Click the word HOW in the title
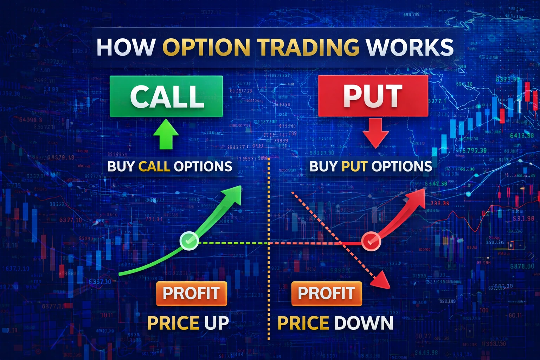126,47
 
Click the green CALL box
166,96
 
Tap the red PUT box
373,96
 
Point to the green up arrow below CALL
166,134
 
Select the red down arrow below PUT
375,133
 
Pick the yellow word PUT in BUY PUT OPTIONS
354,166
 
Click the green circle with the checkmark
189,241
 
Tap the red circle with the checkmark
371,242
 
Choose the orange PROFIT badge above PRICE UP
191,293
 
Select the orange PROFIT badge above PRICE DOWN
326,293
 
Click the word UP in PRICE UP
217,323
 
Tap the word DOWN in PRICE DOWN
364,323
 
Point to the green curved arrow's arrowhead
234,193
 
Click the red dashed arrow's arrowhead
382,281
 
